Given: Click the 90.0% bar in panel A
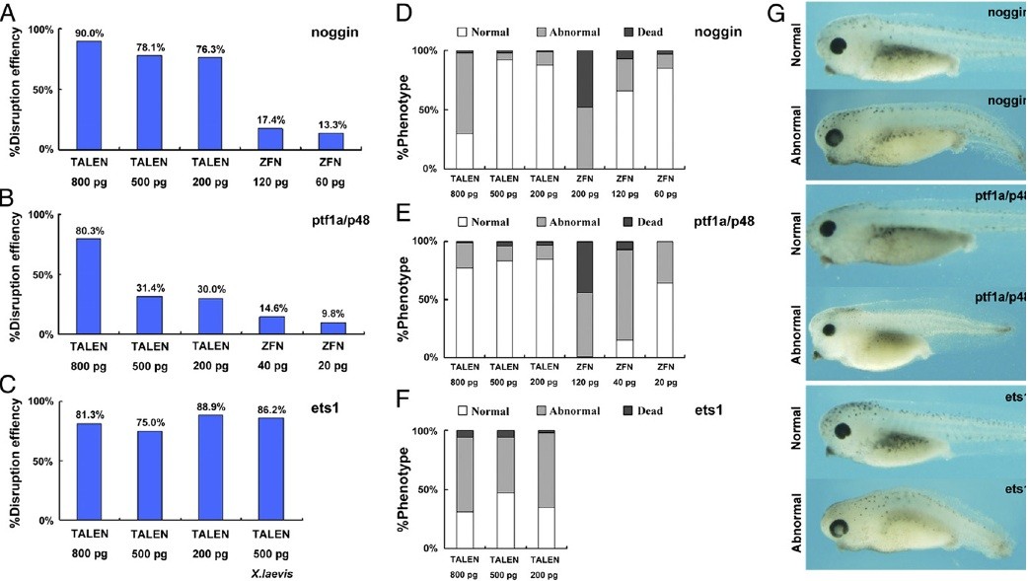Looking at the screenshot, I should (x=90, y=95).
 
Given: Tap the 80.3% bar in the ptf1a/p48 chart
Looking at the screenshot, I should (x=90, y=286).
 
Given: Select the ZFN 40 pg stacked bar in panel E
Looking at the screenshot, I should (x=624, y=299).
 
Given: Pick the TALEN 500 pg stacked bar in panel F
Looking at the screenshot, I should (x=505, y=489).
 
